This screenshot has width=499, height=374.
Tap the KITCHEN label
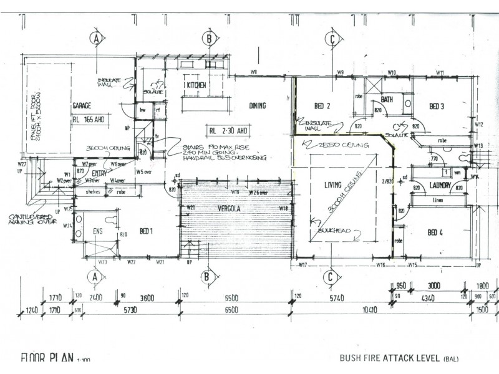click(x=196, y=85)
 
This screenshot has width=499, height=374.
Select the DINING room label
click(x=258, y=105)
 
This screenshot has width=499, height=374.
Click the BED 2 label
click(x=322, y=106)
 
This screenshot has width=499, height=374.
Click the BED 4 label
click(x=435, y=233)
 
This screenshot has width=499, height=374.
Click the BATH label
click(x=387, y=99)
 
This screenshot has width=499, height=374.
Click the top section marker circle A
click(x=95, y=39)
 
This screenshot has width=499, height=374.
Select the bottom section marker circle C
click(x=331, y=276)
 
